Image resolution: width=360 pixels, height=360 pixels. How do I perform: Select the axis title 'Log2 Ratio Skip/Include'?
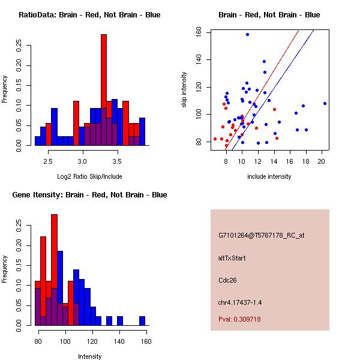(x=89, y=176)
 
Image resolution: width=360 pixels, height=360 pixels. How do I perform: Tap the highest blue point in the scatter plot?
(x=247, y=35)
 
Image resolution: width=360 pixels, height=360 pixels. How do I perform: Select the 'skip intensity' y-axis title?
(x=185, y=90)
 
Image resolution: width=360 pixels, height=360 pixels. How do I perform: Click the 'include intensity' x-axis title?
(x=269, y=176)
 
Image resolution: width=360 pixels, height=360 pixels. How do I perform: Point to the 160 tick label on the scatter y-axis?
(x=198, y=32)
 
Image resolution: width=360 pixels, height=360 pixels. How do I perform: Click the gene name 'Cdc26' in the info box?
(x=227, y=280)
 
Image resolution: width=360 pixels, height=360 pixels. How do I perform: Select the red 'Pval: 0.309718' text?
(x=239, y=319)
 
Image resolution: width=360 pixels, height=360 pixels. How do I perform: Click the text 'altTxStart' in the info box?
(x=232, y=258)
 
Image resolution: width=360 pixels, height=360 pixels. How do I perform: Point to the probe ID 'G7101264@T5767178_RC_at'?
(x=262, y=235)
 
